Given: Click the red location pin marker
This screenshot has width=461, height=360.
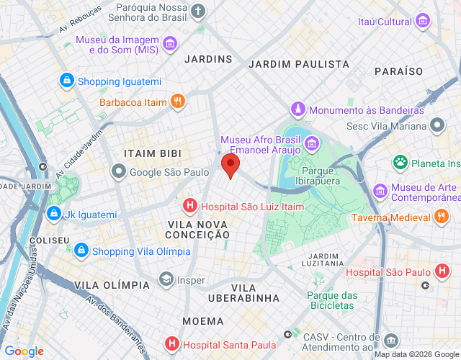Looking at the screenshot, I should click(x=230, y=165).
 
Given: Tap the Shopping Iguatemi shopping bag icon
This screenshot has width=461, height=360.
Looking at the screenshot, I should click(x=67, y=81).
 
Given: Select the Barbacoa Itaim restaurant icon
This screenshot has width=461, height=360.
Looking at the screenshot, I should click(x=178, y=102).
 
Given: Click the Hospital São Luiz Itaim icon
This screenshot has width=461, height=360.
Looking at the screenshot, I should click(x=190, y=206).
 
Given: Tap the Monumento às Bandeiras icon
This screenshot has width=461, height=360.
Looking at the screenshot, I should click(x=297, y=109).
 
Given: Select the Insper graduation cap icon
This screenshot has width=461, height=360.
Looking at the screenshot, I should click(x=167, y=279).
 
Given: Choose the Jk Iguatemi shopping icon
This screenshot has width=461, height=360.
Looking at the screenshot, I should click(x=54, y=214).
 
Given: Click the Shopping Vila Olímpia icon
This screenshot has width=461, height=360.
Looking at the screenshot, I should click(x=81, y=251).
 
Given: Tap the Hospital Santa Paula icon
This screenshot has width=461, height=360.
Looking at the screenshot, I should click(x=171, y=343).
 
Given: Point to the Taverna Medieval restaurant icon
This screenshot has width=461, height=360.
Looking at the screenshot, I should click(x=442, y=217).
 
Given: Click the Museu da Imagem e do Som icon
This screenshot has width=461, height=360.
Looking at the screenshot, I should click(x=170, y=45).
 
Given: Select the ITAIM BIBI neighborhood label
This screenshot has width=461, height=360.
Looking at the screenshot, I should click(x=152, y=153).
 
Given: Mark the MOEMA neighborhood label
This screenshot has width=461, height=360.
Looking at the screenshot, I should click(x=202, y=320).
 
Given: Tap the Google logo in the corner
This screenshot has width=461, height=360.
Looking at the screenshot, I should click(x=24, y=351).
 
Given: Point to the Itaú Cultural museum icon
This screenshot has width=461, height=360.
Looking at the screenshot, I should click(x=422, y=22).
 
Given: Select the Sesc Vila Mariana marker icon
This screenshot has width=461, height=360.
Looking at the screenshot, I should click(x=437, y=127).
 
